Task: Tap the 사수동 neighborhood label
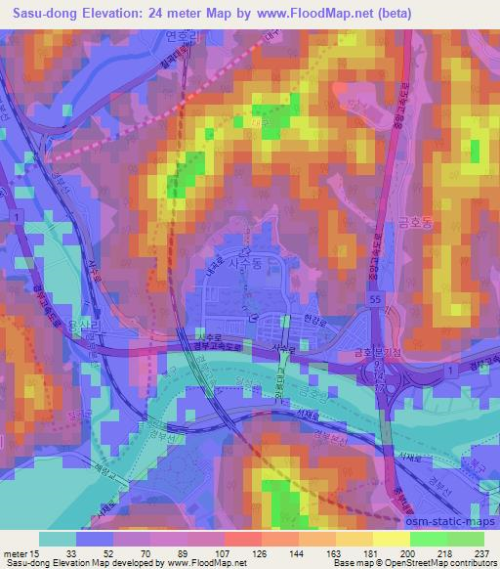click(x=245, y=262)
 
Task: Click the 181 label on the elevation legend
click(x=366, y=552)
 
